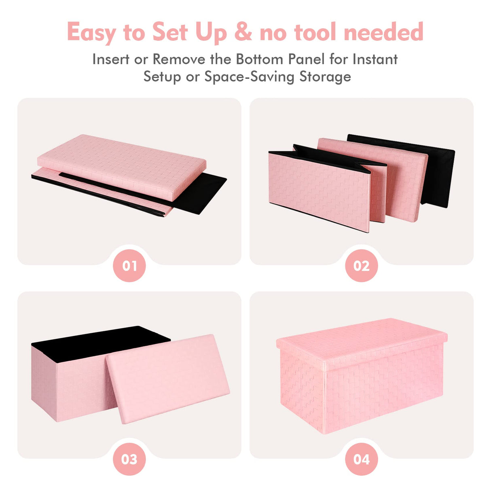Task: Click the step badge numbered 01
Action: coord(129,266)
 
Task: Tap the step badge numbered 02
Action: coord(361,266)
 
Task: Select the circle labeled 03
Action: coord(129,459)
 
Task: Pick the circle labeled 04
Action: coord(361,459)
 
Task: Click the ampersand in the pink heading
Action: coord(243,32)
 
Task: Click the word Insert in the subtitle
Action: coord(110,59)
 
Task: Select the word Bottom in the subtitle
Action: coord(259,59)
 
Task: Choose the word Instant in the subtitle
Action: coord(375,59)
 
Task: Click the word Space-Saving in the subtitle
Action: coord(249,77)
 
